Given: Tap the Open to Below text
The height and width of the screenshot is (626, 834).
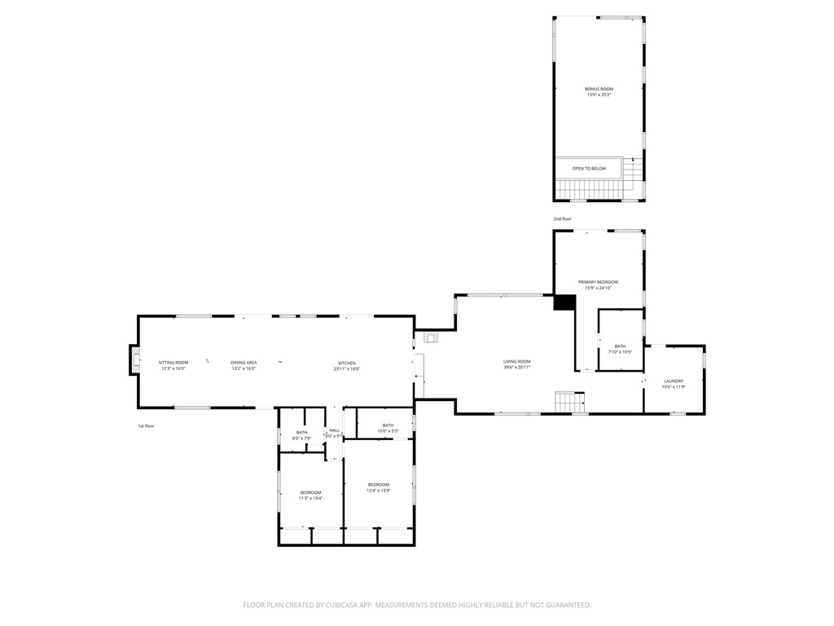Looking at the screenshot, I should (x=588, y=169).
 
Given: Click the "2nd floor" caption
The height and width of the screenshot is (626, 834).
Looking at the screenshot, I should (x=563, y=219).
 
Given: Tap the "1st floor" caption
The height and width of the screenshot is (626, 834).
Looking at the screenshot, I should (x=146, y=426).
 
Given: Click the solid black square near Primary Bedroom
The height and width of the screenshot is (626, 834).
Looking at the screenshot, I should (x=564, y=302).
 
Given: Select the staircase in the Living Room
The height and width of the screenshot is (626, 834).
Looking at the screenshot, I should (x=570, y=402).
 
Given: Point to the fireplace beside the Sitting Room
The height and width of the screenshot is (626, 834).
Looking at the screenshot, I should (x=134, y=359).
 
